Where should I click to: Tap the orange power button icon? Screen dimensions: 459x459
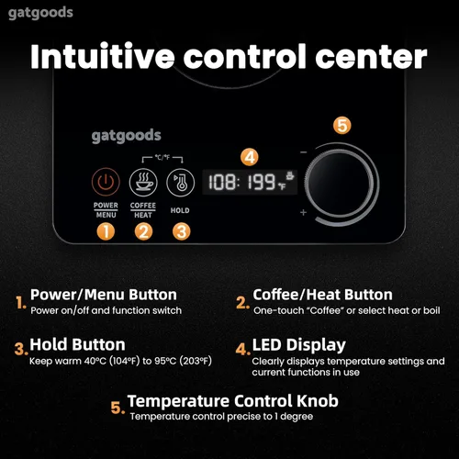106,181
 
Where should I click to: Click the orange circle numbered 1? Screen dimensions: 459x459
106,231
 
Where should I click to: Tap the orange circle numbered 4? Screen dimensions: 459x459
251,155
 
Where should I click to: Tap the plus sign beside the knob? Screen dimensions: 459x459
302,213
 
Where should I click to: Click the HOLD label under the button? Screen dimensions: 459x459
180,210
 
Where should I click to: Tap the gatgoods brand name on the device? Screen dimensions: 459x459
126,136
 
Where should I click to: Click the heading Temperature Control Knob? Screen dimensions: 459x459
232,400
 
